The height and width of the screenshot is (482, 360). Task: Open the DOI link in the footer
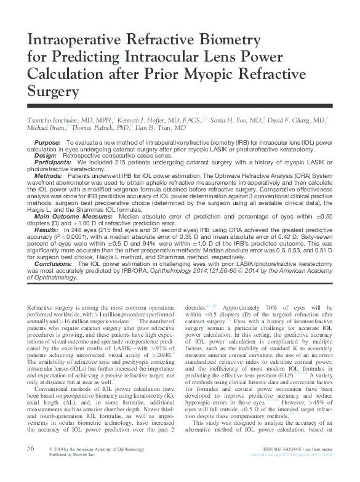tap(292, 472)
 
